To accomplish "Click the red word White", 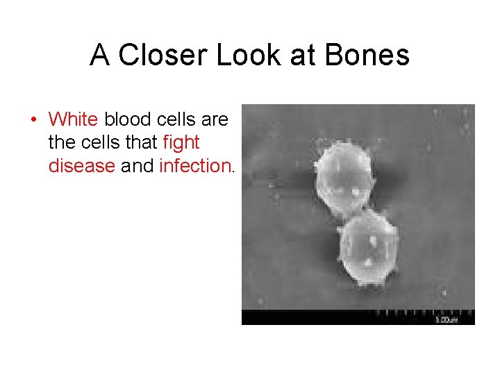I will pos(74,119).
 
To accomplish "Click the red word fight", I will pos(181,142).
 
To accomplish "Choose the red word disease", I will pos(81,166).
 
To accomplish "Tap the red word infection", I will pos(195,166).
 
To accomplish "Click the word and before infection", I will pos(137,166).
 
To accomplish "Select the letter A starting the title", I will pos(99,56).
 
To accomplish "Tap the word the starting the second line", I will pos(61,142).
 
